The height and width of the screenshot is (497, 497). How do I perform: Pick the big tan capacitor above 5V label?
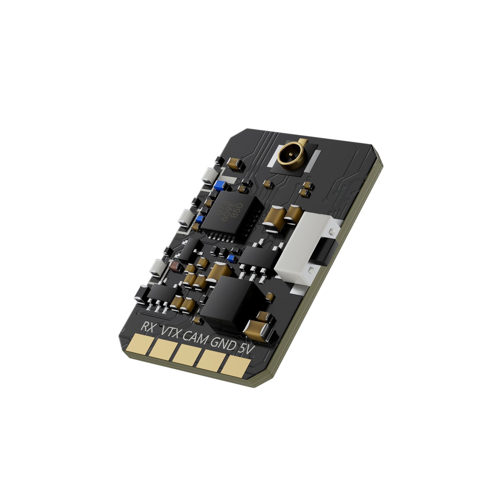(x=258, y=328)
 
